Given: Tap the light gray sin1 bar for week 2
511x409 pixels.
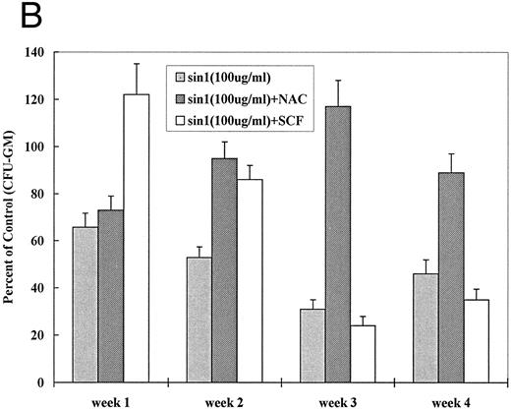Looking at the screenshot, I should tap(200, 320).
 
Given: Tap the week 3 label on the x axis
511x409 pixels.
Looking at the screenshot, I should tap(338, 397).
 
